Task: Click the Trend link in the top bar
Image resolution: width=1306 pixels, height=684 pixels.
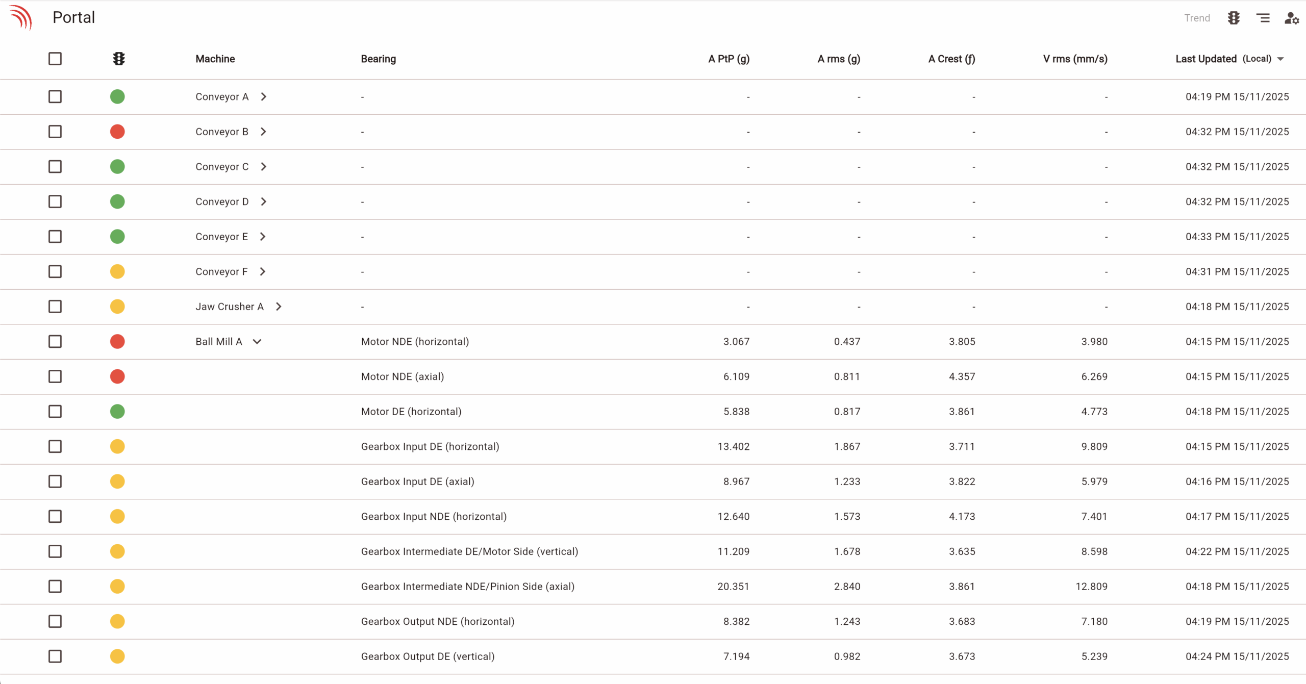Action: coord(1196,18)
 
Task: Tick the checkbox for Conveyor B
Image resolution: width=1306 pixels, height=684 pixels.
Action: coord(55,132)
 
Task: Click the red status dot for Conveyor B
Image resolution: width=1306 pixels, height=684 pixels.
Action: coord(117,132)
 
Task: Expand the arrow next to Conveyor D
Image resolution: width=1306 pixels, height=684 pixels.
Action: coord(263,201)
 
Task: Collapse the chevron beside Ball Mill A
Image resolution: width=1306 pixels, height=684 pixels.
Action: coord(257,342)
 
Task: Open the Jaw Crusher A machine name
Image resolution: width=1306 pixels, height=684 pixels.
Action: coord(230,307)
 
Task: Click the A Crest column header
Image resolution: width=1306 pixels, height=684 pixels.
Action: coord(951,59)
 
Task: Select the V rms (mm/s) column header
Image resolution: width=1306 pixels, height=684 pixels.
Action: coord(1075,59)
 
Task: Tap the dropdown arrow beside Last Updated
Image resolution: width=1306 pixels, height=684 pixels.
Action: coord(1280,59)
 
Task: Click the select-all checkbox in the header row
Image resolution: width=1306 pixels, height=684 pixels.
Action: coord(55,59)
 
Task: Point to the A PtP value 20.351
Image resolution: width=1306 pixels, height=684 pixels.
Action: coord(733,587)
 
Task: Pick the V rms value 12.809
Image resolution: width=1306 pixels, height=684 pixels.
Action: coord(1091,587)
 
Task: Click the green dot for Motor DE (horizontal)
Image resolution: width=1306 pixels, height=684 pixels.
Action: coord(117,412)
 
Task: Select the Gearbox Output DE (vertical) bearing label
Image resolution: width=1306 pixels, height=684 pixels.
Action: coord(428,656)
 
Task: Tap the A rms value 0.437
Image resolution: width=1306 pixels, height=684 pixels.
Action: coord(847,342)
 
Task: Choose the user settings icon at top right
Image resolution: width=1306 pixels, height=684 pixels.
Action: coord(1291,18)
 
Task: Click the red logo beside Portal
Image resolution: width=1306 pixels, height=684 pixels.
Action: coord(21,17)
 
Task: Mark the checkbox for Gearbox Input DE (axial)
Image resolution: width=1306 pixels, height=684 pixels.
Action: coord(55,482)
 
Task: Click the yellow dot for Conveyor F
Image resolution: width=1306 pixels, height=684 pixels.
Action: coord(117,271)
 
